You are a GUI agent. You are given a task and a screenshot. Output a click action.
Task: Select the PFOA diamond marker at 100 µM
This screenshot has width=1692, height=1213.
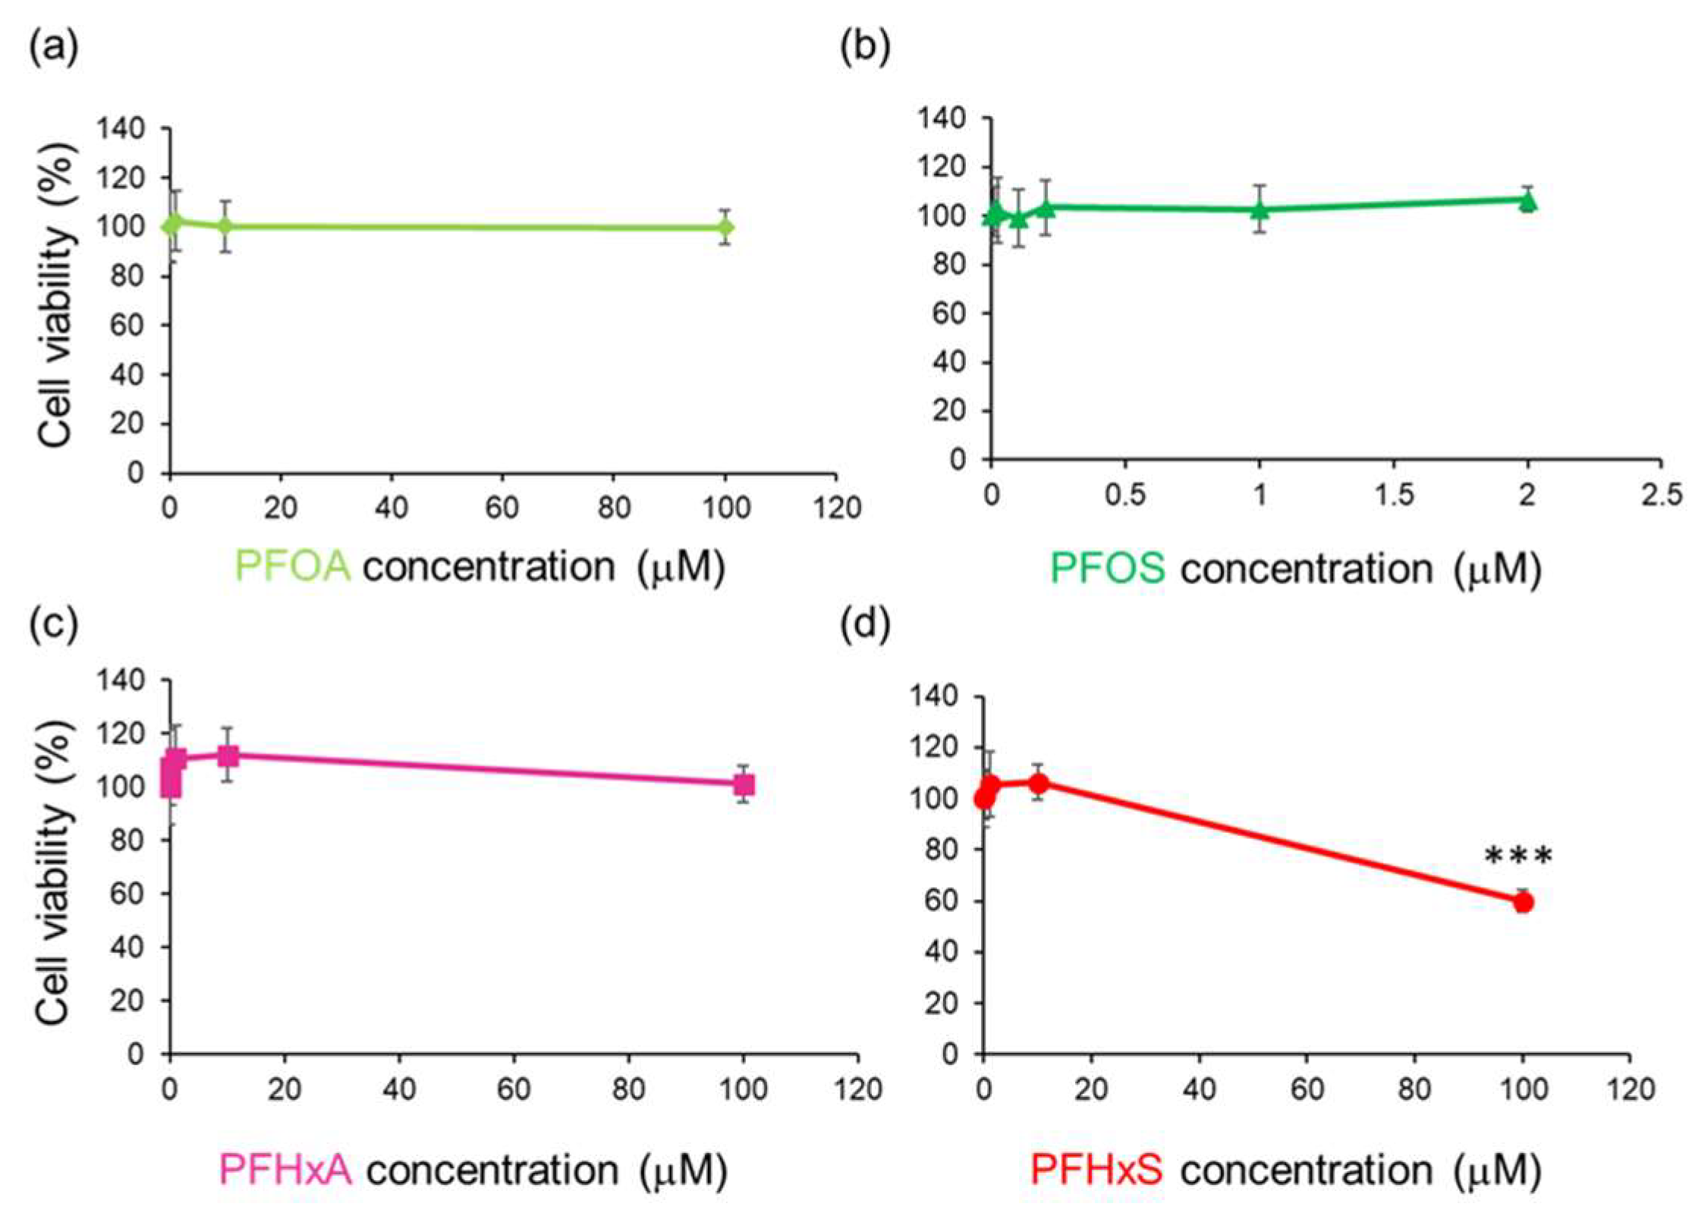point(725,227)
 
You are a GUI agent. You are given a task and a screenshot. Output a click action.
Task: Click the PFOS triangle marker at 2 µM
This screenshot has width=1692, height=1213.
point(1527,201)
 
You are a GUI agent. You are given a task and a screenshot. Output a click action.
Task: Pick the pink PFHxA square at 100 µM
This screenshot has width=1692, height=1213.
point(744,784)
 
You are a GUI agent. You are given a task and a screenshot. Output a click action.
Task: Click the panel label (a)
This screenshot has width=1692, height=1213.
point(53,49)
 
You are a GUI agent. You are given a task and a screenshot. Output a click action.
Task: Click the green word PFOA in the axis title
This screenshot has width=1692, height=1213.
point(293,567)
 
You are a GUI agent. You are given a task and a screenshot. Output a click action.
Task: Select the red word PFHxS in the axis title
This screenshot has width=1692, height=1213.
point(1096,1171)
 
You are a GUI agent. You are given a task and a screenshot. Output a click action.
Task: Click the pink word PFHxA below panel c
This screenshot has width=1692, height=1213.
point(285,1171)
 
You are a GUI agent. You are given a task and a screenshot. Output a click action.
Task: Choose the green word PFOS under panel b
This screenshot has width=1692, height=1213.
point(1107,568)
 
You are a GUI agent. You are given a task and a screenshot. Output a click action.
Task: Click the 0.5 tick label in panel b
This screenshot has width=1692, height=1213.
point(1124,495)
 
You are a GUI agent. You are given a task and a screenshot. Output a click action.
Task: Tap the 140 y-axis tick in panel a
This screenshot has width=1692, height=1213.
point(121,129)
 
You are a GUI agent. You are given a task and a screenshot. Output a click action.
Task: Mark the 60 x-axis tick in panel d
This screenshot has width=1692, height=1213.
point(1307,1090)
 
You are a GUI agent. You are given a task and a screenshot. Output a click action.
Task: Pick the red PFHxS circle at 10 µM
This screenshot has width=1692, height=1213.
point(1039,783)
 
